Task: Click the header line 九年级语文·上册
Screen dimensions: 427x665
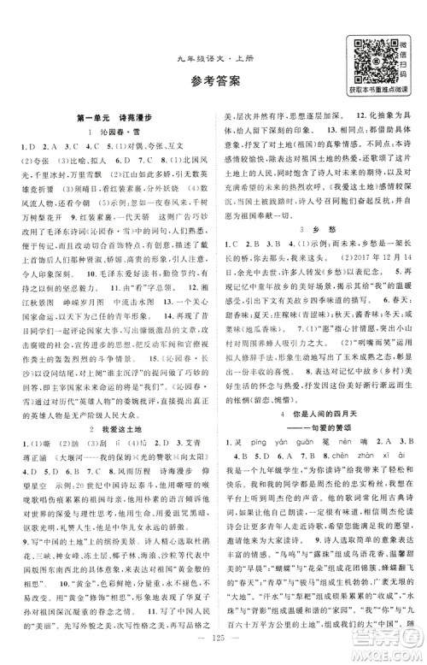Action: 213,46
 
